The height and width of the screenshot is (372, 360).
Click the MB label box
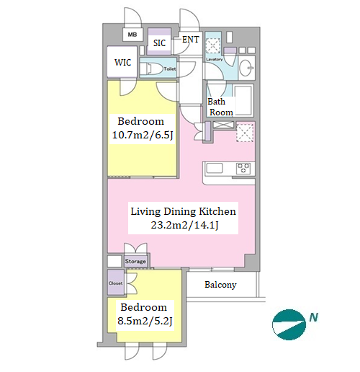click(x=132, y=35)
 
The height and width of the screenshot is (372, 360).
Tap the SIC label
click(x=159, y=43)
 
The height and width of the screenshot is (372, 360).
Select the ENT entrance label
click(x=190, y=40)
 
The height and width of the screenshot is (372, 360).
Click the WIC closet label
click(x=122, y=63)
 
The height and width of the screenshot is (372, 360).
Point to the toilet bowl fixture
click(x=154, y=68)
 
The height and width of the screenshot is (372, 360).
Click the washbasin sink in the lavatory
click(x=246, y=68)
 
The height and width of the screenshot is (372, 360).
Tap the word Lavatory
click(x=214, y=59)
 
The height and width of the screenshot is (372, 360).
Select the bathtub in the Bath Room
click(x=243, y=100)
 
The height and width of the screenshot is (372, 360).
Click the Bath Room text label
click(x=220, y=107)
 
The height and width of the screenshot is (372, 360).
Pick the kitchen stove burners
click(x=243, y=168)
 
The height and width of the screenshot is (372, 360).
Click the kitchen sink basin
click(x=215, y=168)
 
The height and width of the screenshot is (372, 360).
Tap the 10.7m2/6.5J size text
click(x=143, y=136)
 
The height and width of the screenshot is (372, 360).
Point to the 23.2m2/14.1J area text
click(x=184, y=226)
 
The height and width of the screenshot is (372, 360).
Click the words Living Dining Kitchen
click(x=183, y=211)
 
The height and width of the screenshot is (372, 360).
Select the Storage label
click(x=135, y=261)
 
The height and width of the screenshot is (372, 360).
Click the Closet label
click(x=115, y=283)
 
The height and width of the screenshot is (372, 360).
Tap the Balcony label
click(x=220, y=285)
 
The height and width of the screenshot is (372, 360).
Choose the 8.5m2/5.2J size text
click(x=145, y=321)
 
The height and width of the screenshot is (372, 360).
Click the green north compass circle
click(x=289, y=324)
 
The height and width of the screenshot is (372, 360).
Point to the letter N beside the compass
click(x=313, y=317)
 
